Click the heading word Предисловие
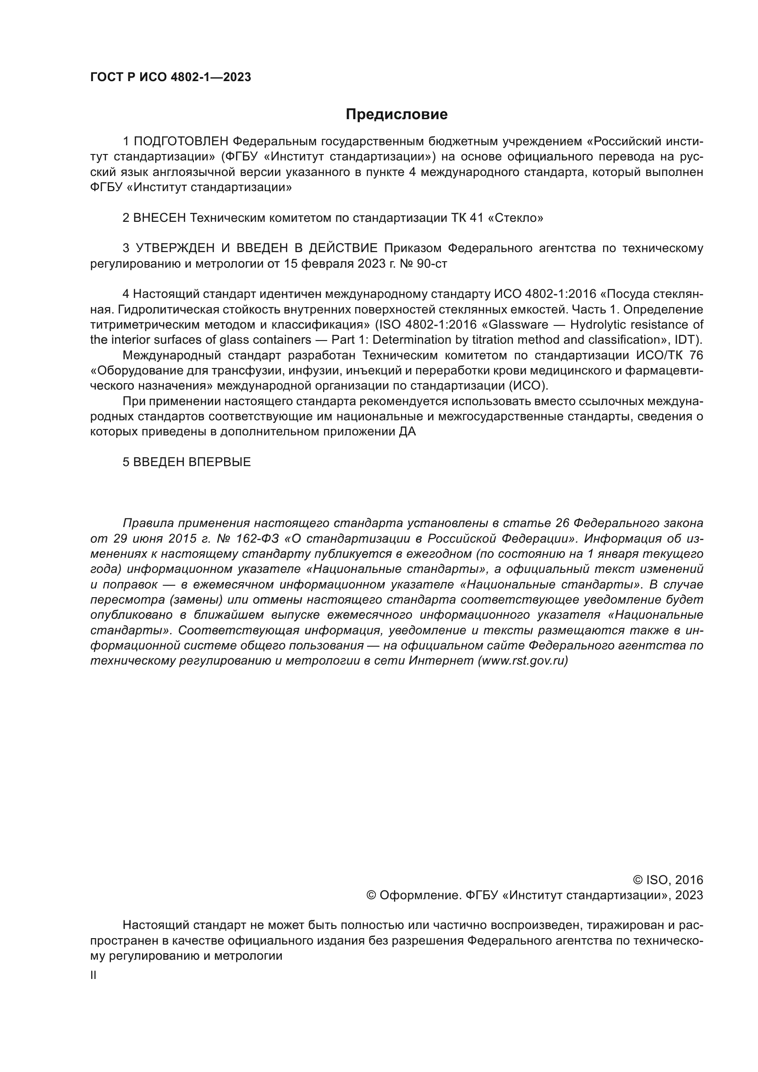pyautogui.click(x=396, y=115)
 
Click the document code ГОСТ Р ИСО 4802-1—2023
pyautogui.click(x=170, y=77)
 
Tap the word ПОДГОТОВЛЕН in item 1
pyautogui.click(x=181, y=142)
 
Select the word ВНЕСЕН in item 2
pyautogui.click(x=159, y=218)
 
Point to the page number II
pyautogui.click(x=93, y=975)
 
